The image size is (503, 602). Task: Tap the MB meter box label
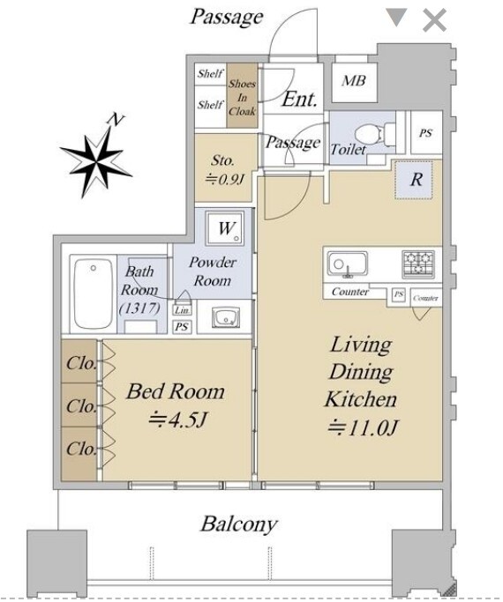pos(354,80)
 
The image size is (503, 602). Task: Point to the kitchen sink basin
pos(348,264)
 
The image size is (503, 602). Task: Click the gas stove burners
pos(418,264)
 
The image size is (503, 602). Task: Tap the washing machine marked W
pos(225,228)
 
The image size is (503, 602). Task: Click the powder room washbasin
pos(226,317)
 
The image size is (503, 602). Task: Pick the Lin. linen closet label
pos(182,310)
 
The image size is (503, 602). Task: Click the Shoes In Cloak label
pos(242,98)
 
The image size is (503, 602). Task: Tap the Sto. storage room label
pos(223,160)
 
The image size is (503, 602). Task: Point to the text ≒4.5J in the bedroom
pos(178,420)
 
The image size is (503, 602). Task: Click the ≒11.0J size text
pos(361,427)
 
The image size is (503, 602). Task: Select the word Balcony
pos(238,524)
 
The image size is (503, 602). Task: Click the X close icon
pos(434,20)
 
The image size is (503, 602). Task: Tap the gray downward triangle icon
pos(396,18)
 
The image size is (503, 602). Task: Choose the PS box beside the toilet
pos(425,133)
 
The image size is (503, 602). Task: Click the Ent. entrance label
pos(300,99)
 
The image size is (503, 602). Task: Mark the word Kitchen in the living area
pos(360,399)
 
